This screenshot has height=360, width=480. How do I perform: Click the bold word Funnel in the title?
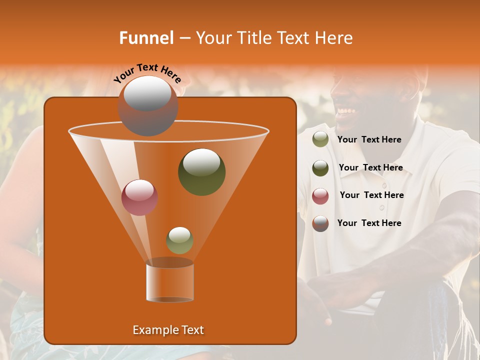(x=146, y=38)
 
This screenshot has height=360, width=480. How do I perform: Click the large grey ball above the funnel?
(x=147, y=105)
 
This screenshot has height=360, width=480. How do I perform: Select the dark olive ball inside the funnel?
(x=201, y=172)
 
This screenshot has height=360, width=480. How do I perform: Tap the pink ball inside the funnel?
(x=139, y=197)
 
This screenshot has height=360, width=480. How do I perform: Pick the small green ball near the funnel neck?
(x=179, y=240)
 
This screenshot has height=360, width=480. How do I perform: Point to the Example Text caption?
(x=168, y=330)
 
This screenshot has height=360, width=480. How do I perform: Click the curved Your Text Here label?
(x=147, y=73)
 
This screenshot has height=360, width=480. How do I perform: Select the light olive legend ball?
(x=320, y=139)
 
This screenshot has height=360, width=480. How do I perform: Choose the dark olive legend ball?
(x=320, y=168)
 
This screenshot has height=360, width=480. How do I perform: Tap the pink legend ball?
(x=320, y=196)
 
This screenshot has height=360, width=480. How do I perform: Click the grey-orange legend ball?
(x=320, y=223)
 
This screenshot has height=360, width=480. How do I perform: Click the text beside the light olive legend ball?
(x=369, y=140)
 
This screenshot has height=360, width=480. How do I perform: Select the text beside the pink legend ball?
(x=371, y=195)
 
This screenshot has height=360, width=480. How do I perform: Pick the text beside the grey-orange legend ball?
(x=369, y=223)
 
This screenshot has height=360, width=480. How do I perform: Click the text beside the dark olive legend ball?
(x=370, y=168)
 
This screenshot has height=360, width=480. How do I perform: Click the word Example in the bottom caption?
(x=153, y=330)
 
